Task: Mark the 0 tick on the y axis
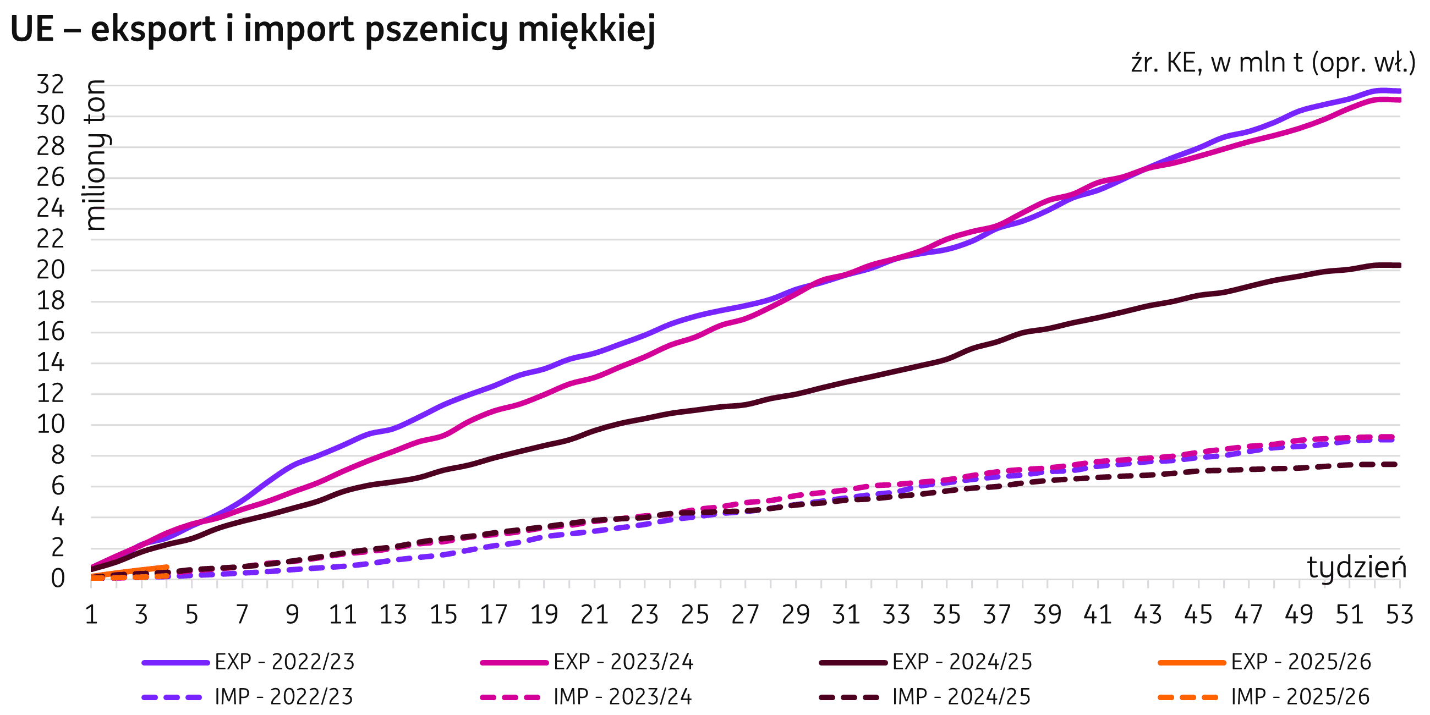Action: tap(58, 579)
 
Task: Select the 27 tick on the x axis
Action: tap(745, 615)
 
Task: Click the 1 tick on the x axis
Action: tap(91, 615)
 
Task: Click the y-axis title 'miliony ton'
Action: tap(97, 156)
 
